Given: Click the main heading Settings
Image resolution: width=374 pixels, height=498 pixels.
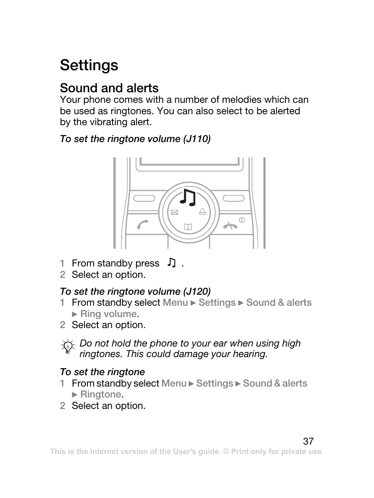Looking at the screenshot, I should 89,65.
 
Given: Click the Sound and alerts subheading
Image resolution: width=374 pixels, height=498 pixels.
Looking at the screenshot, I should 109,88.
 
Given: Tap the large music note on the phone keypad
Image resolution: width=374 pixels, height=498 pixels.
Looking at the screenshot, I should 187,197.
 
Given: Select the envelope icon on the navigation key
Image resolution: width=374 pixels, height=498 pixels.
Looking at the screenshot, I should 174,212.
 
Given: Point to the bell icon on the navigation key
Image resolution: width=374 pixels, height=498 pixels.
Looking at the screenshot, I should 202,212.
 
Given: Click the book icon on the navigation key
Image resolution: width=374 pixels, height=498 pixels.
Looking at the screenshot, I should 188,227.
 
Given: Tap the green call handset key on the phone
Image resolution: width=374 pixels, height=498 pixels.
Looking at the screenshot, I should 143,224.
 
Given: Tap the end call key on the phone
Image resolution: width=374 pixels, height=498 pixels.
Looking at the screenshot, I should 231,225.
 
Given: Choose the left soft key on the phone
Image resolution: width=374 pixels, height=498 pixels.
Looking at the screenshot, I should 144,198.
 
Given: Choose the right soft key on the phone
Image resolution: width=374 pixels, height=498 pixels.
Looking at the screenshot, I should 234,198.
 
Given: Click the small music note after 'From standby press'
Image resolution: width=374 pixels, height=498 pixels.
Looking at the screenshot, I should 171,263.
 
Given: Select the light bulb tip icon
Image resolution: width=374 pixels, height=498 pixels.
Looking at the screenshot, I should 68,347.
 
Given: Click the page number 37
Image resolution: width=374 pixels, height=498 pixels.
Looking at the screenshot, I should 308,441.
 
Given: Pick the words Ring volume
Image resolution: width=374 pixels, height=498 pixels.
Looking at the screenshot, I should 108,314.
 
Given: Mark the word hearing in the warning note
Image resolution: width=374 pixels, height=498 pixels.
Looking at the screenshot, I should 249,354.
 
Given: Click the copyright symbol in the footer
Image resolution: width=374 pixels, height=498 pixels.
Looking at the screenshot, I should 226,452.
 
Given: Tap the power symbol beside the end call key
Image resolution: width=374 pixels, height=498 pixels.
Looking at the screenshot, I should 242,220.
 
